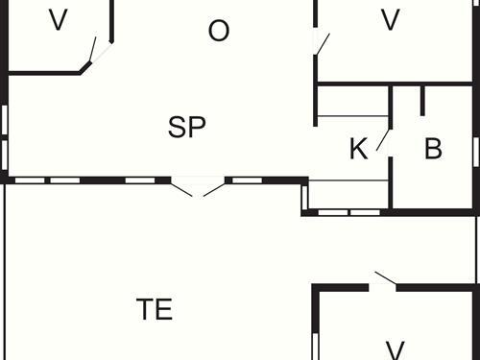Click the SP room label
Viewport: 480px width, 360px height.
click(x=187, y=128)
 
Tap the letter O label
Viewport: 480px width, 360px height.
click(x=219, y=32)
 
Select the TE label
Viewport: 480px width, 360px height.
click(x=155, y=309)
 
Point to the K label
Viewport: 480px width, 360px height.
click(x=358, y=150)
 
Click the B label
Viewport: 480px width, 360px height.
click(x=433, y=149)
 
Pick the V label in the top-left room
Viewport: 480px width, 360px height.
click(x=58, y=20)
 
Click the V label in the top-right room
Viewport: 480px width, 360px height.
click(x=390, y=20)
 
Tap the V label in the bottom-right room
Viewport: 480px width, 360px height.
click(x=394, y=348)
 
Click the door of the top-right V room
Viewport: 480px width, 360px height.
click(x=322, y=43)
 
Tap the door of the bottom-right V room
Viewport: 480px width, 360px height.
click(x=384, y=279)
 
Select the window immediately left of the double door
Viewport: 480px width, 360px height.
click(x=140, y=180)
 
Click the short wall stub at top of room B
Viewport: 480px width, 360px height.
click(x=422, y=99)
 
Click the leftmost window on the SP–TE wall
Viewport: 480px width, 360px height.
click(x=30, y=180)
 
